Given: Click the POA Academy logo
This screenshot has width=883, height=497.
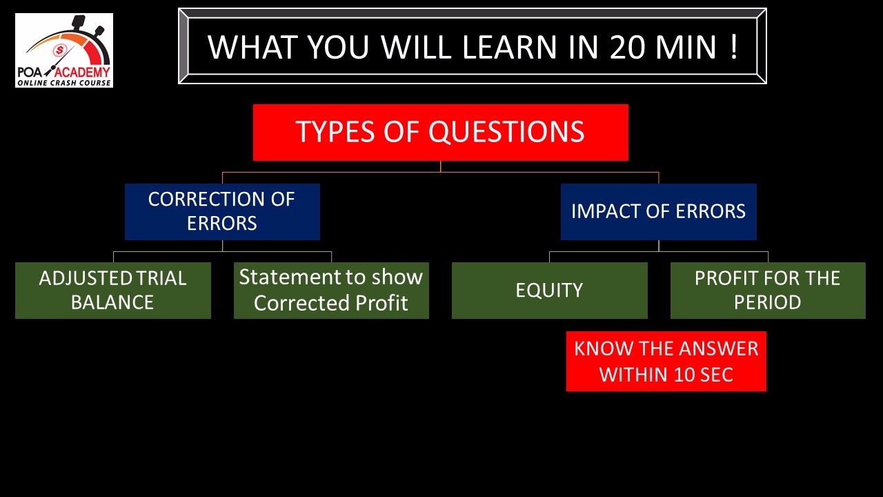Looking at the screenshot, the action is coord(64,50).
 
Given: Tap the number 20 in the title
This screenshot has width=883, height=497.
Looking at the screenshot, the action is coord(627,48).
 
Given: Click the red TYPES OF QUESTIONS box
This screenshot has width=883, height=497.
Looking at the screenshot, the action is coord(441,132).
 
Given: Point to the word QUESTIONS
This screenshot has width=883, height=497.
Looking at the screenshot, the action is coord(506,132).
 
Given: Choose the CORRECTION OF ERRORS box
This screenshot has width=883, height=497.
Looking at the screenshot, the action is coord(222,211).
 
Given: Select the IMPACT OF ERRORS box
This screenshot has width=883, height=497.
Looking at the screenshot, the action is coord(658,211).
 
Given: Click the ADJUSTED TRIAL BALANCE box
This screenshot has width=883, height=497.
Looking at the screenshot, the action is coord(113,291).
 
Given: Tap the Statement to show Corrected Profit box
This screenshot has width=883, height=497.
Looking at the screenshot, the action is coord(331,291).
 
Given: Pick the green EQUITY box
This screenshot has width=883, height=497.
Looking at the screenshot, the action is coord(550,291).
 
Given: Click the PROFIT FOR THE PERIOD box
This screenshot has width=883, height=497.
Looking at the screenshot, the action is coord(768,291).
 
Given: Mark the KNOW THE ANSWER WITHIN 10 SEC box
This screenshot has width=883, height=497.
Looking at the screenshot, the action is coord(666,361).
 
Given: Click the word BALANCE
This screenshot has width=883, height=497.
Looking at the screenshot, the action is coord(112,302).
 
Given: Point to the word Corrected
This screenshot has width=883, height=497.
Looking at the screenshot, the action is coord(302,303).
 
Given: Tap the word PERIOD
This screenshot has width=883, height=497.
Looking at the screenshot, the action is coord(768,302).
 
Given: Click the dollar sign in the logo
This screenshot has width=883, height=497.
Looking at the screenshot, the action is coord(60,50).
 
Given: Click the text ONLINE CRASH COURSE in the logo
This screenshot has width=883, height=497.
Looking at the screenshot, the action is coord(64,83).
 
